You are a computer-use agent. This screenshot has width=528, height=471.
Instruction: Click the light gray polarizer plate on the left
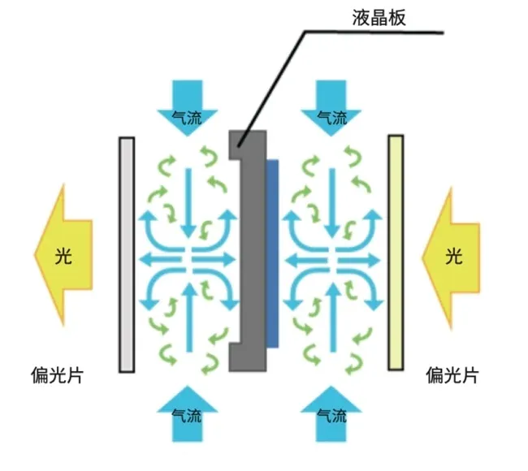point(127,254)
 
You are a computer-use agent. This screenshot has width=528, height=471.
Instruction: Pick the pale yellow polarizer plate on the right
point(396,254)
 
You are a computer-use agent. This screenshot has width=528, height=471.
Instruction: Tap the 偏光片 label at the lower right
point(451,376)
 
